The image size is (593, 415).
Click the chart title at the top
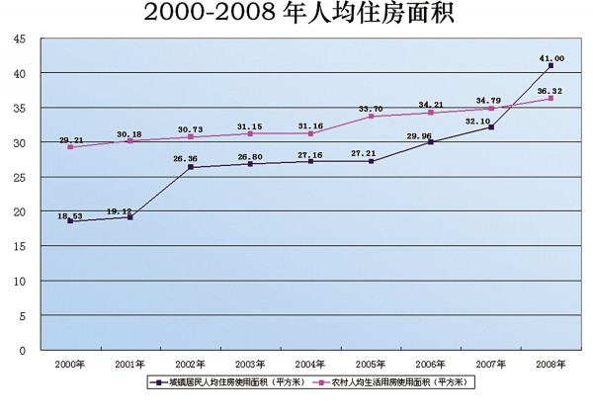coord(296,13)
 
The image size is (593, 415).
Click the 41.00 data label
coord(551,58)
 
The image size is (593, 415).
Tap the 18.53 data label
coord(70,213)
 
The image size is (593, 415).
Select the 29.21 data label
coord(71,140)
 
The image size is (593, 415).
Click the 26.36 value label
coord(191,159)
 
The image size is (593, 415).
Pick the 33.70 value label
coord(372,110)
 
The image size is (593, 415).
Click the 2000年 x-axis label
coord(71,365)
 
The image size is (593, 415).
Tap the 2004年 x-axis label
coord(311,365)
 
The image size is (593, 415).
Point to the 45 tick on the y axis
coord(19,39)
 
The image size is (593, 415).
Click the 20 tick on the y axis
coord(19,211)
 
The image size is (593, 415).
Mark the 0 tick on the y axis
coord(22,350)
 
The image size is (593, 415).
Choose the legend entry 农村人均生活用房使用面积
coord(395,381)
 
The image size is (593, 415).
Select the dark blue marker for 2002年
coord(191,167)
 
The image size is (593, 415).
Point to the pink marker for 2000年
coord(71,147)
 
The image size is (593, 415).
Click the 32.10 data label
coord(491,120)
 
